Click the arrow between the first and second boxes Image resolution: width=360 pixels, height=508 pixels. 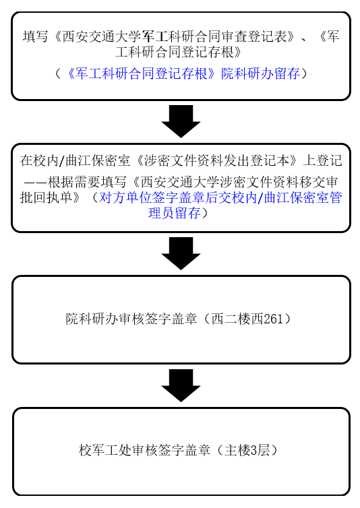pos(181,121)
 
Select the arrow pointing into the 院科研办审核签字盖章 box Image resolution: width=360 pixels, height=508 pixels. pos(181,253)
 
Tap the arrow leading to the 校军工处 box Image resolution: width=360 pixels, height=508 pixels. pos(181,385)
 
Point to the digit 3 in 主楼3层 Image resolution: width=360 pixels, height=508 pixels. pos(253,450)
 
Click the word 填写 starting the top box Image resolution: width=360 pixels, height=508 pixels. pos(35,36)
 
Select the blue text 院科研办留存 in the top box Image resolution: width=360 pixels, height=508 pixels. pos(260,74)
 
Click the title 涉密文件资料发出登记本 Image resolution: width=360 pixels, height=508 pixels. pos(216,160)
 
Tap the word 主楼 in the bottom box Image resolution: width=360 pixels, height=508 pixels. pos(237,450)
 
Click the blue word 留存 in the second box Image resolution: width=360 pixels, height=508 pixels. pos(187,213)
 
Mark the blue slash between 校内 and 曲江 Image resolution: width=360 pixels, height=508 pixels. pos(260,197)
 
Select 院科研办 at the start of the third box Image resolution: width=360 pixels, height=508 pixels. pos(92,319)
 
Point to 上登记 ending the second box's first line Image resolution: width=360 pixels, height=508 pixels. pos(322,160)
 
